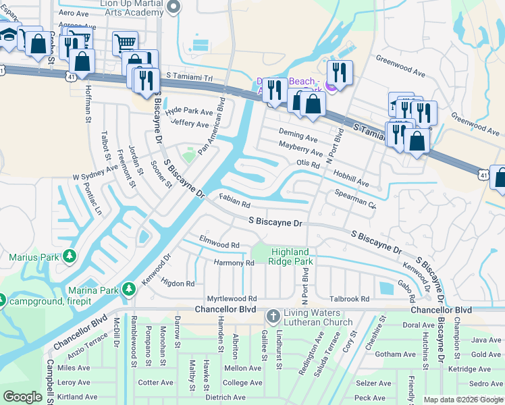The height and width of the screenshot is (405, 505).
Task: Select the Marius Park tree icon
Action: point(69,256)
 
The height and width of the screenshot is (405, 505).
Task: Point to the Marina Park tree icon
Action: point(128,290)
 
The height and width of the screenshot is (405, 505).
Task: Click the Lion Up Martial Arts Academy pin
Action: point(174,7)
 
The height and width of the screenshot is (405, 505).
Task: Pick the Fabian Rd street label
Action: point(235,201)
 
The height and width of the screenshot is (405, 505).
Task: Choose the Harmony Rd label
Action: point(234,263)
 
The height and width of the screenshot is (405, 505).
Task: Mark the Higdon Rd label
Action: point(177,284)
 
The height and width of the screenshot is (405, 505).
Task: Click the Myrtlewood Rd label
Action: point(232,298)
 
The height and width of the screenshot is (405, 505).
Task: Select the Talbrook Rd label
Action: point(350,298)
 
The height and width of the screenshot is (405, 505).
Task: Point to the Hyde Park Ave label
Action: point(190,111)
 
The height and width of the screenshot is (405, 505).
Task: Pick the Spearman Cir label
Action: point(355,198)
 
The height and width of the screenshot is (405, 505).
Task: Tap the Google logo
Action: point(23,397)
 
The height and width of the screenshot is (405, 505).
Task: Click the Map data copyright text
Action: point(462,400)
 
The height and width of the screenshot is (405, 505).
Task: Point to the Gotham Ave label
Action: point(395,354)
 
